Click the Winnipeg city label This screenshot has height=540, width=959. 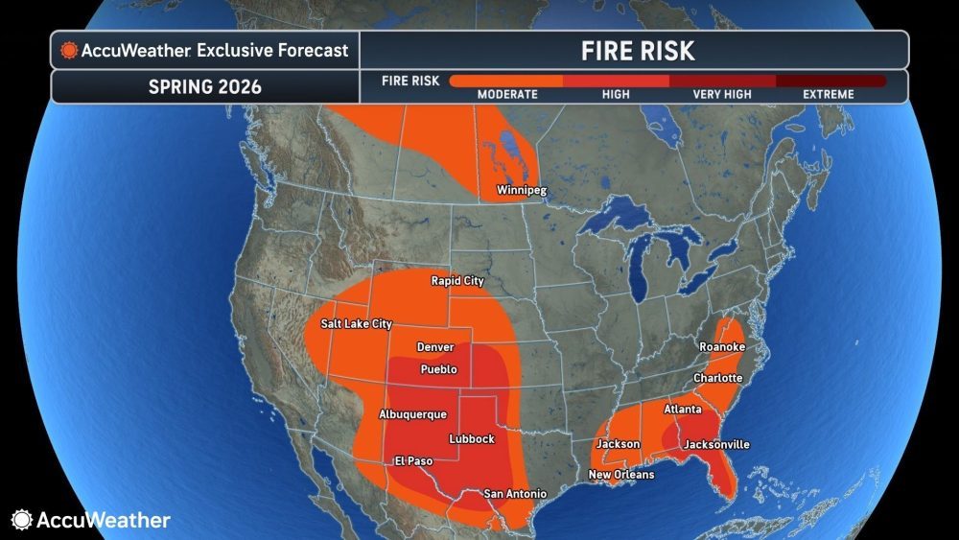click(521, 190)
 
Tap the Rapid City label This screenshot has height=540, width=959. click(457, 281)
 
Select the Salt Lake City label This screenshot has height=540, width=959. click(357, 324)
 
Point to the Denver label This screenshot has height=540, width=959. click(435, 347)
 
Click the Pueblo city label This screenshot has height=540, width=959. click(439, 369)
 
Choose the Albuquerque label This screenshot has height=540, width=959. click(413, 414)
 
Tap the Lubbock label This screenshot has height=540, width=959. click(472, 439)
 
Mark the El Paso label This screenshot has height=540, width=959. click(414, 461)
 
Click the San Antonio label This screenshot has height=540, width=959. click(515, 494)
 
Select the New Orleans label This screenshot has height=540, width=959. click(621, 475)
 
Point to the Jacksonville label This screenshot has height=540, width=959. click(715, 445)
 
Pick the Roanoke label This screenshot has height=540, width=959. click(722, 346)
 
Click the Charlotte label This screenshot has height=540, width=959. click(717, 378)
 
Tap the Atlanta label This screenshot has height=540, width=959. click(683, 411)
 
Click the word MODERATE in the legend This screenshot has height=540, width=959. click(507, 95)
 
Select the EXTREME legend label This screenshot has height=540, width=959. click(829, 95)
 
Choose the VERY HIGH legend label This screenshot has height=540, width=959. click(721, 95)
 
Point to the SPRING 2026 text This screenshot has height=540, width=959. click(205, 86)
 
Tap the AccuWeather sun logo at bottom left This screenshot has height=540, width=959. click(22, 520)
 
